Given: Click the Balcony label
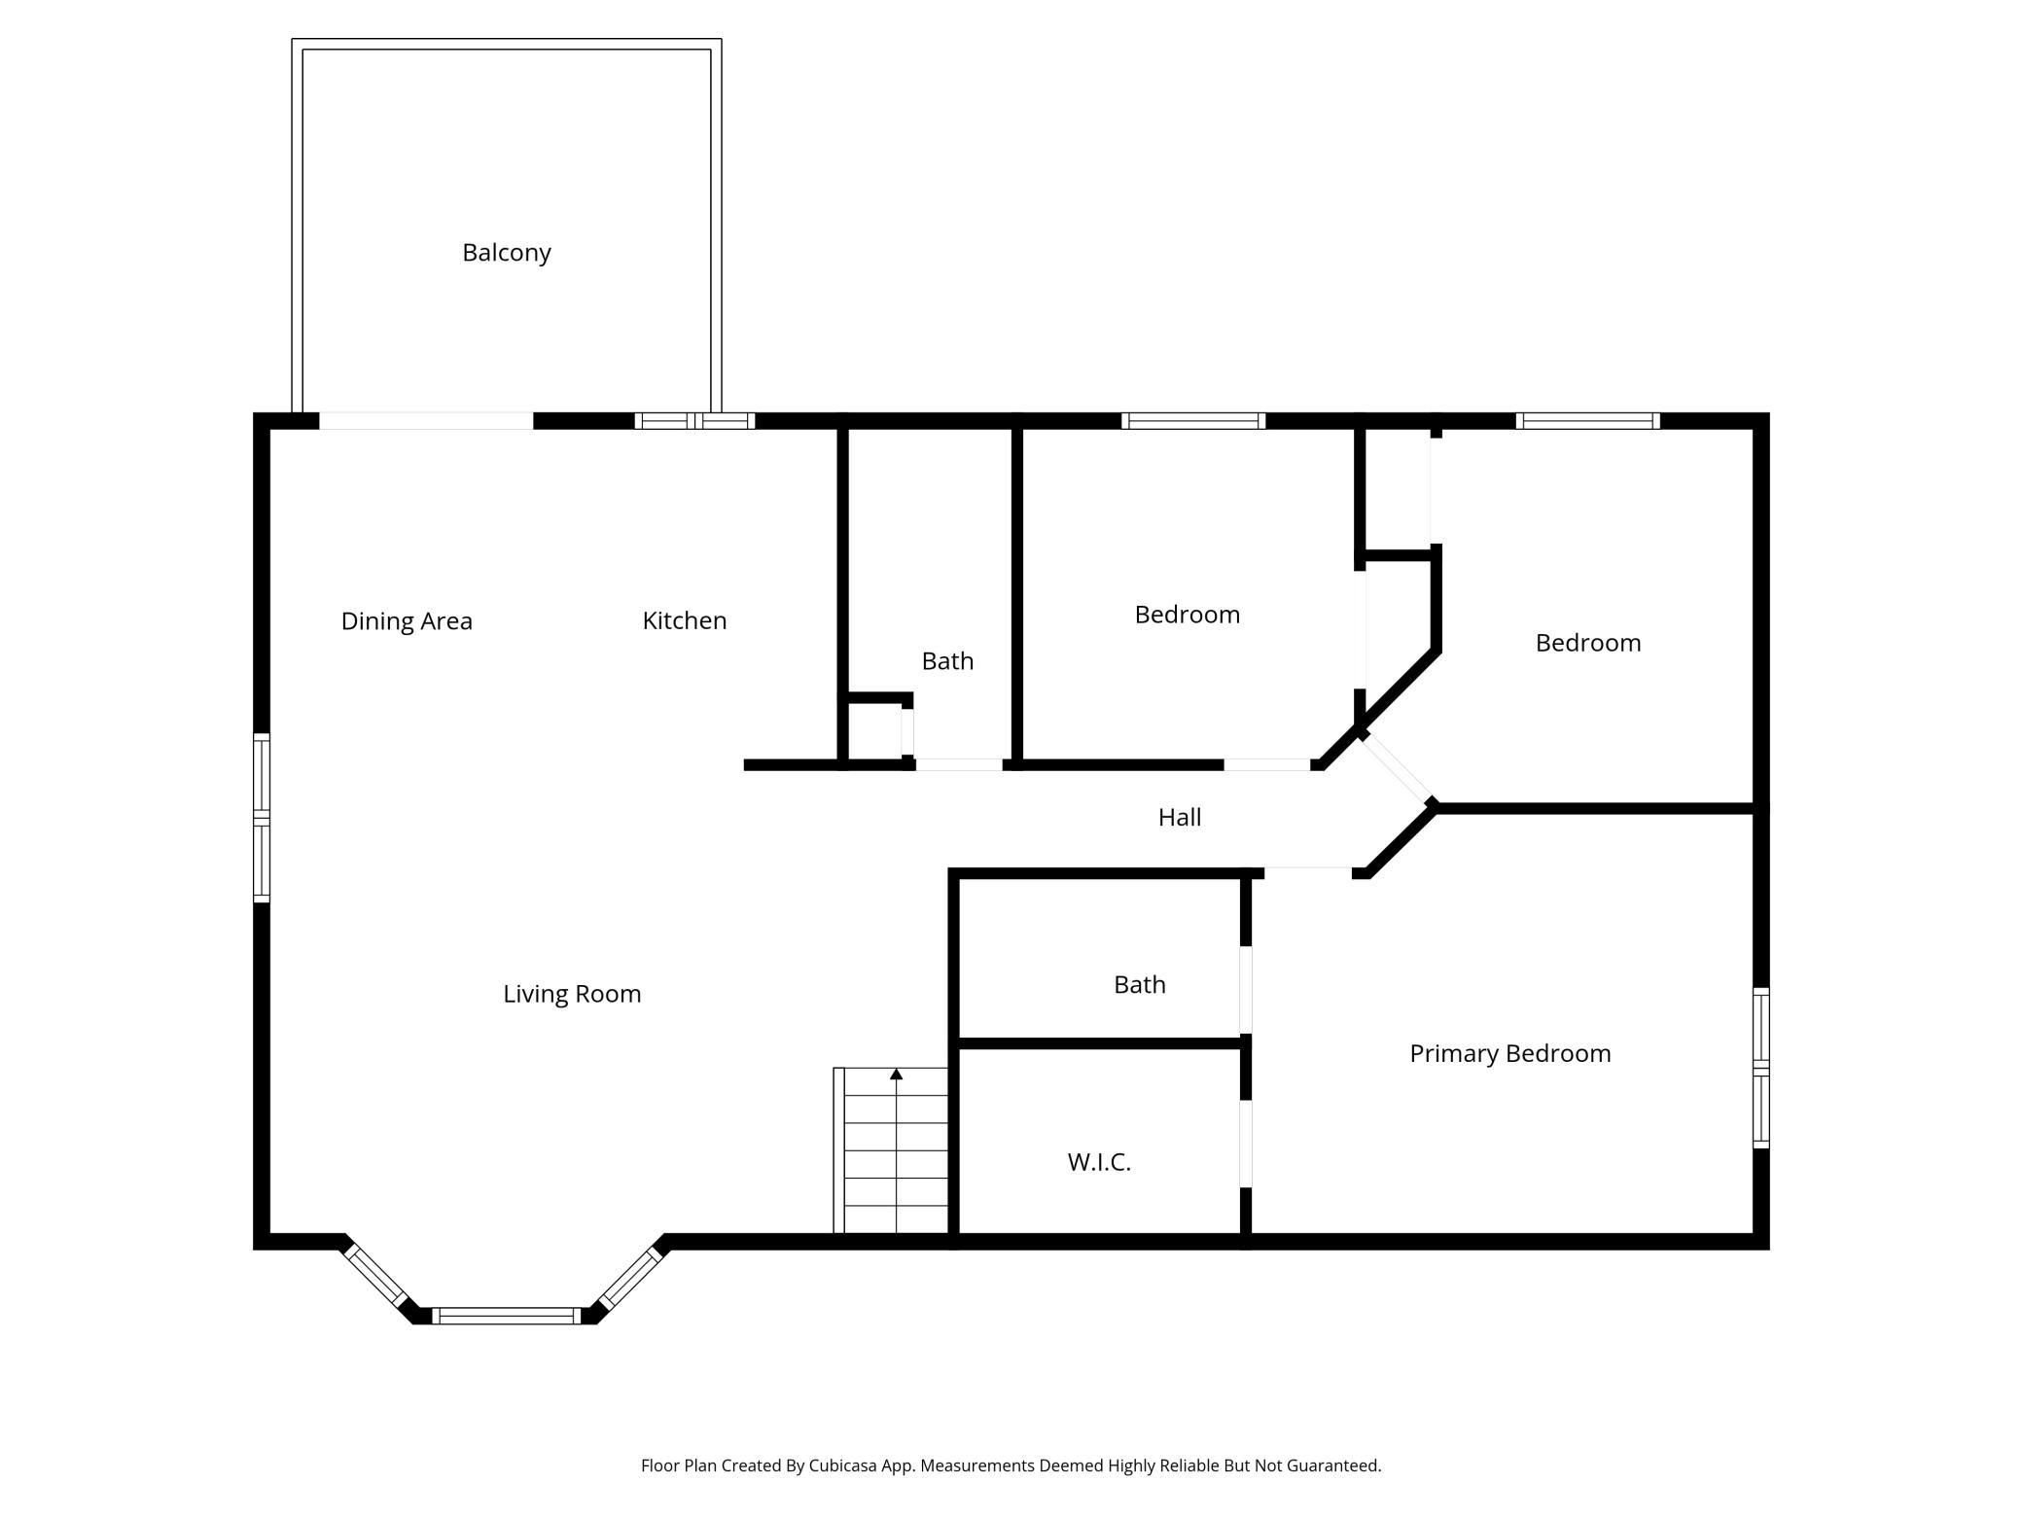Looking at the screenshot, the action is point(507,253).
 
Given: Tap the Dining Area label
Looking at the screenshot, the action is point(407,621).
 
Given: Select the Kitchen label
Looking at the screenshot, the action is point(685,620).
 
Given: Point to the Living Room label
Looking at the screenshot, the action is point(572,994).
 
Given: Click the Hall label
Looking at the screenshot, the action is point(1180,818).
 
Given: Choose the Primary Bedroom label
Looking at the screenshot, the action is point(1510,1054).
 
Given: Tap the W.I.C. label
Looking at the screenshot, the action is point(1099,1162).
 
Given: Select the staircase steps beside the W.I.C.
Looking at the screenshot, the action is point(891,1150).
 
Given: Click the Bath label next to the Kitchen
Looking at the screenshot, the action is point(947,661).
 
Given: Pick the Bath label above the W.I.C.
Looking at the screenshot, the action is point(1140,985).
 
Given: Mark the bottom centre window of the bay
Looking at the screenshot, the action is point(507,1316).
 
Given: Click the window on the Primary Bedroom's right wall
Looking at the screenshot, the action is point(1760,1068).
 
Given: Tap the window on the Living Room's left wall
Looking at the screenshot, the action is point(262,818).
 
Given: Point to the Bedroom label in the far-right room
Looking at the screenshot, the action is point(1588,643).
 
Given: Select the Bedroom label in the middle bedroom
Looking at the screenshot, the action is point(1188,615).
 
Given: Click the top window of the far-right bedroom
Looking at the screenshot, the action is point(1588,421).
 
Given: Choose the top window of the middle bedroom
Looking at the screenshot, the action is point(1193,421).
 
